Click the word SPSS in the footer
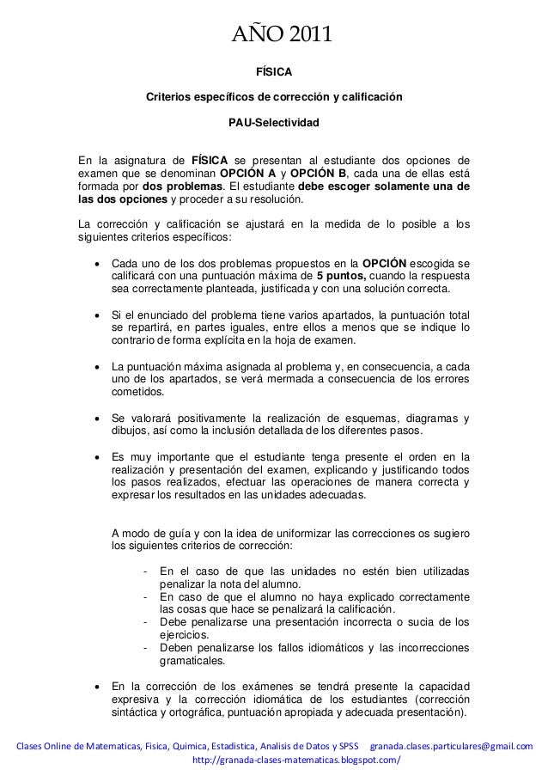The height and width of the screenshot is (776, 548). tap(347, 744)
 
